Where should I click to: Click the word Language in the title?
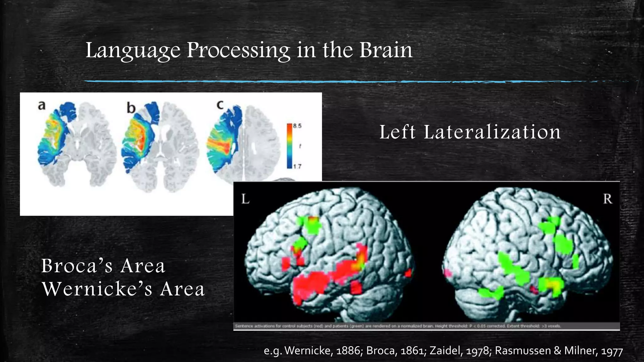(x=133, y=51)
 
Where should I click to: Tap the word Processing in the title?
(x=238, y=51)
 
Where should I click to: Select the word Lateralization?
(x=492, y=132)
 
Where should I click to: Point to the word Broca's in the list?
(x=77, y=266)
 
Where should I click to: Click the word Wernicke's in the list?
(x=97, y=289)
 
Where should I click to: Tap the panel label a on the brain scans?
(x=42, y=105)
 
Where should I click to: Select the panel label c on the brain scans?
(x=220, y=105)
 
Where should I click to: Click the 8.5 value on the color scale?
(x=297, y=126)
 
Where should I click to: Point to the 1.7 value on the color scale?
(x=297, y=166)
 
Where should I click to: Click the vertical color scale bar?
(x=289, y=146)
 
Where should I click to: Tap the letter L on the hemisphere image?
(x=246, y=199)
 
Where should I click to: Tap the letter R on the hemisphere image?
(x=607, y=199)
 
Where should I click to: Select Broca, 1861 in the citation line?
(x=396, y=350)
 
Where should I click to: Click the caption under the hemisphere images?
(x=398, y=326)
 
